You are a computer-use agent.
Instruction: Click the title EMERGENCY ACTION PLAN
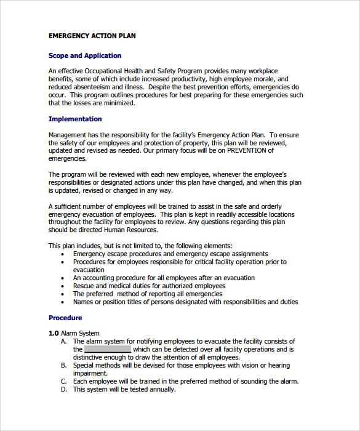[92, 36]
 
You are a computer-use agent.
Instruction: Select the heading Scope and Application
[85, 55]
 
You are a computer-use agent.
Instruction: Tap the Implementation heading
[75, 119]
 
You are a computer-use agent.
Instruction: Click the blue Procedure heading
[65, 318]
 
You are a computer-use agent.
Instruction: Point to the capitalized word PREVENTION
[250, 150]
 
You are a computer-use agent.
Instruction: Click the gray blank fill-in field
[107, 349]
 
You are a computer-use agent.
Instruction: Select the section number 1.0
[54, 333]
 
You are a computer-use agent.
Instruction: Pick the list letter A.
[63, 341]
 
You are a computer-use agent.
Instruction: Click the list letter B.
[63, 365]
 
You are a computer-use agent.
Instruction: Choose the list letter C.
[63, 381]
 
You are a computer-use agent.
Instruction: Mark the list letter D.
[63, 389]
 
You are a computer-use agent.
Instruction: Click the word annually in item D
[162, 389]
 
